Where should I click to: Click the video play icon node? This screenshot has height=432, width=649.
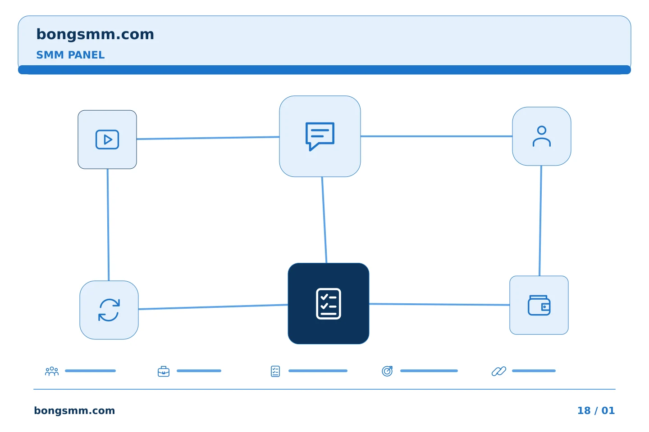pyautogui.click(x=107, y=139)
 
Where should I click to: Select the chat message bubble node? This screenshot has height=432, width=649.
pyautogui.click(x=320, y=136)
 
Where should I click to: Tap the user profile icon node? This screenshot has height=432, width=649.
pyautogui.click(x=542, y=136)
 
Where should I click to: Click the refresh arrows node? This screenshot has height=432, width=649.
pyautogui.click(x=109, y=310)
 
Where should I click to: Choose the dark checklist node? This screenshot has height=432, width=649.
pyautogui.click(x=329, y=304)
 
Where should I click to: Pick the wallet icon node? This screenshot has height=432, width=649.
pyautogui.click(x=539, y=305)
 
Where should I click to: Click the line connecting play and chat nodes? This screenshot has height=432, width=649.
pyautogui.click(x=208, y=138)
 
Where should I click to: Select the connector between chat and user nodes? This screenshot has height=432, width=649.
pyautogui.click(x=436, y=136)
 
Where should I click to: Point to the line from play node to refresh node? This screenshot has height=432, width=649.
pyautogui.click(x=108, y=225)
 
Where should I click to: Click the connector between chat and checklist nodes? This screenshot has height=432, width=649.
pyautogui.click(x=324, y=220)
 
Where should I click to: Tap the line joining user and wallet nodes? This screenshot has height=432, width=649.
pyautogui.click(x=540, y=221)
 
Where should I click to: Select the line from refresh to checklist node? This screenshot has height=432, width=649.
pyautogui.click(x=213, y=307)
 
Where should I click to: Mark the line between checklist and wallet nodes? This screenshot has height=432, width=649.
pyautogui.click(x=439, y=304)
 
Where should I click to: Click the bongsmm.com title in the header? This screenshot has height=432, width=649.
pyautogui.click(x=95, y=35)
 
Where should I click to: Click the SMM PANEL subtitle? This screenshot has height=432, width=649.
pyautogui.click(x=70, y=55)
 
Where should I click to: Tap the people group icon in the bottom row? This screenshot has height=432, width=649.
pyautogui.click(x=52, y=371)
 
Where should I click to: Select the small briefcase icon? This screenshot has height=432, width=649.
pyautogui.click(x=164, y=371)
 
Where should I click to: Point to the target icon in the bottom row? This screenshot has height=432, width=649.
pyautogui.click(x=387, y=371)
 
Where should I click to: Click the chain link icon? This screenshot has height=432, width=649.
pyautogui.click(x=499, y=371)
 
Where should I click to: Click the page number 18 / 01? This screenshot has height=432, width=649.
pyautogui.click(x=596, y=410)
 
